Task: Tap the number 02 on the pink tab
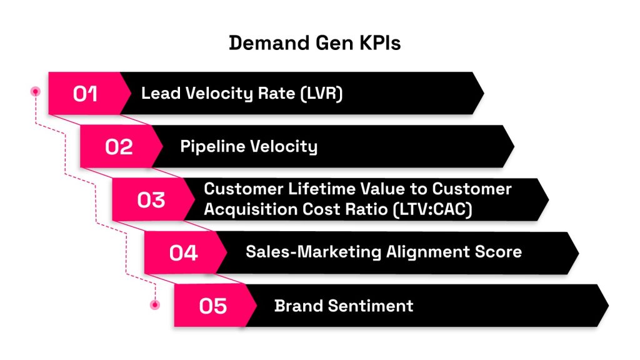tap(119, 147)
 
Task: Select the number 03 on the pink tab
tap(151, 200)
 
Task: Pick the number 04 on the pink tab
tap(184, 253)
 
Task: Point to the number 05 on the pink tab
tap(213, 306)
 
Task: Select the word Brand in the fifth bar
tap(296, 306)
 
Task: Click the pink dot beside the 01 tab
tap(36, 91)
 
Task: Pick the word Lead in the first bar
tap(156, 94)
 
